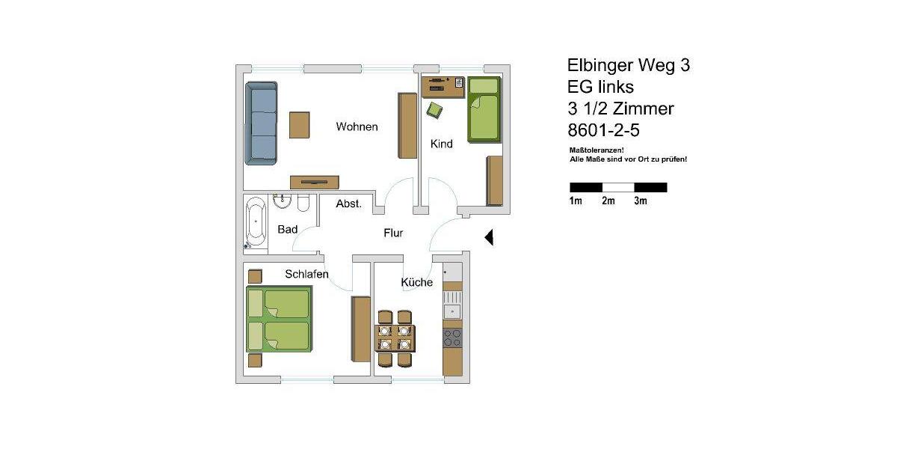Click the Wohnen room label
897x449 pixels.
tap(357, 126)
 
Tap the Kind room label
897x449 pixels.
tap(442, 144)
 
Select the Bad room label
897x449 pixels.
tap(288, 229)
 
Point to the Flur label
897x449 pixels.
tap(393, 233)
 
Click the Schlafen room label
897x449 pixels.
tap(306, 275)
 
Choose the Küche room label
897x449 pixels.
tap(416, 282)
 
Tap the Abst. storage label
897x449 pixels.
tap(349, 204)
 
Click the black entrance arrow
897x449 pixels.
tap(490, 237)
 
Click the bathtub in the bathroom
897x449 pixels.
tap(256, 222)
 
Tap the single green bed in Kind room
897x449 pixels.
tap(483, 109)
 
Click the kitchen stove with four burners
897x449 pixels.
tap(452, 337)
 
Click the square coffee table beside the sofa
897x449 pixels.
tap(300, 124)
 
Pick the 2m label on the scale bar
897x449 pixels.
tap(608, 201)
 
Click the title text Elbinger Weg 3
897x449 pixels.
tap(629, 66)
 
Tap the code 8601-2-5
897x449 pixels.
tap(604, 130)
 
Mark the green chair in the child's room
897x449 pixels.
tap(434, 111)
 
